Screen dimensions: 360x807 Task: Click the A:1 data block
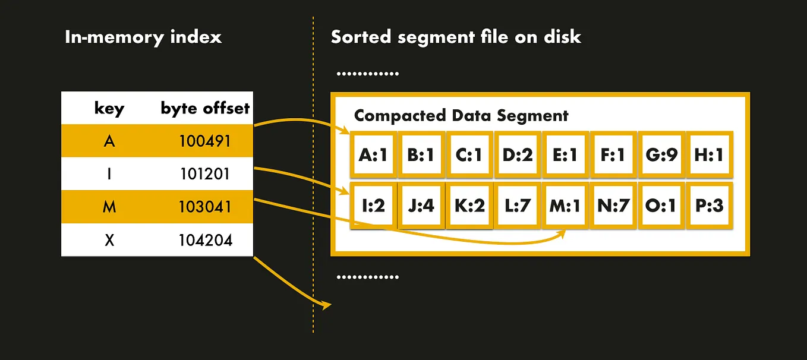(x=373, y=154)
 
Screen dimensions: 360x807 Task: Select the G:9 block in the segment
(x=661, y=154)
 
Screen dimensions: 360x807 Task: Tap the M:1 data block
(x=565, y=206)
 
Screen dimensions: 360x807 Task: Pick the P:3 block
(x=709, y=206)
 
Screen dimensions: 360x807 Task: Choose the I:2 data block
(x=373, y=206)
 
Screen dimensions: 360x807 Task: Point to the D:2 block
(x=517, y=154)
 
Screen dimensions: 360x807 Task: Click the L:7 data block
(x=517, y=206)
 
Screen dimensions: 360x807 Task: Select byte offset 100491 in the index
(x=205, y=141)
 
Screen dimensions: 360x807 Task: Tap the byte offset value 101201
(x=205, y=174)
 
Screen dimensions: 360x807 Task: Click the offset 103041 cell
(x=205, y=207)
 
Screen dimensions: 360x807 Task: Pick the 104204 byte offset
(x=205, y=241)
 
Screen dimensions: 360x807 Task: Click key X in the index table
(x=109, y=241)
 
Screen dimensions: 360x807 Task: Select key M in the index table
(x=109, y=207)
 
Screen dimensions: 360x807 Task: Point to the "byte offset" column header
(x=205, y=108)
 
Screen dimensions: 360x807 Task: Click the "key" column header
(x=109, y=108)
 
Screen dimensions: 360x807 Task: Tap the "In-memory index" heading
(x=143, y=37)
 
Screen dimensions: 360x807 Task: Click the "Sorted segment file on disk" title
(x=456, y=37)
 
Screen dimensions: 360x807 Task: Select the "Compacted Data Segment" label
(x=461, y=115)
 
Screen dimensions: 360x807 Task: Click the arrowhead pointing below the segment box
(x=326, y=306)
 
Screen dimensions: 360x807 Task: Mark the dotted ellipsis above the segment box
(x=367, y=75)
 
